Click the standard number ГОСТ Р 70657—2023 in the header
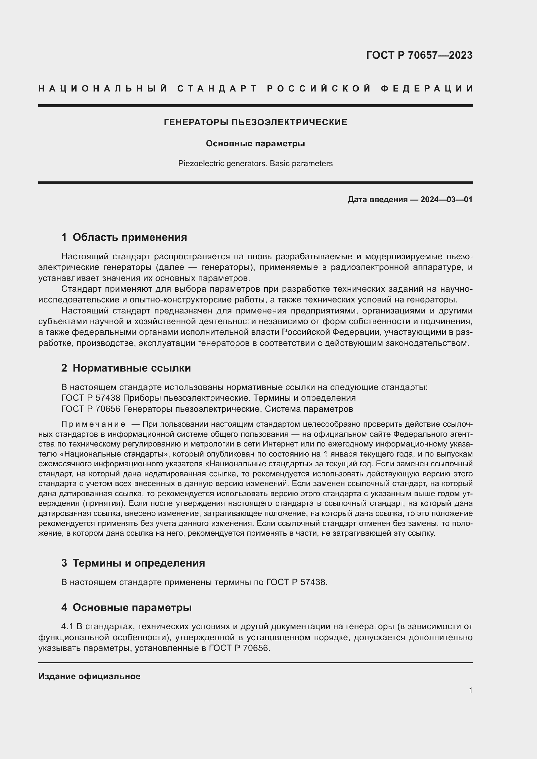tap(419, 55)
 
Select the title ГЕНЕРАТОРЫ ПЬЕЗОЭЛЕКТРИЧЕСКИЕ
tap(256, 123)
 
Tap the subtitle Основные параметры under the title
tap(255, 144)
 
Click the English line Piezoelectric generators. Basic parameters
tap(255, 164)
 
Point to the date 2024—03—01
tap(446, 200)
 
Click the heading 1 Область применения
tap(124, 237)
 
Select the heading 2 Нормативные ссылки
tap(126, 368)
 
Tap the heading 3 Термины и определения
tap(133, 563)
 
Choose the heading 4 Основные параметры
tap(126, 607)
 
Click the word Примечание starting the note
tap(93, 424)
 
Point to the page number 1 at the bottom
tap(470, 691)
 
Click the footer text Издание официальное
tap(89, 677)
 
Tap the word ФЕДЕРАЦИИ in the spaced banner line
tap(427, 89)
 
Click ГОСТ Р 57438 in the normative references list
tap(91, 398)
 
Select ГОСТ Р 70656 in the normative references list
tap(91, 409)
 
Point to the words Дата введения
tap(377, 200)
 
